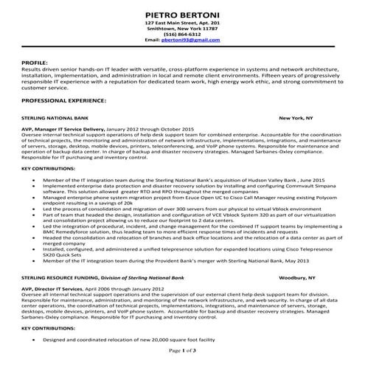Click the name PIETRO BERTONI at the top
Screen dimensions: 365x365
click(x=182, y=12)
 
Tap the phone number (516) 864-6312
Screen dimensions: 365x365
click(x=182, y=34)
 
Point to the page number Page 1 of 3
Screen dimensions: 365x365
click(x=182, y=350)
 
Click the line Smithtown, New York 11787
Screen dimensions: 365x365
click(x=182, y=28)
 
